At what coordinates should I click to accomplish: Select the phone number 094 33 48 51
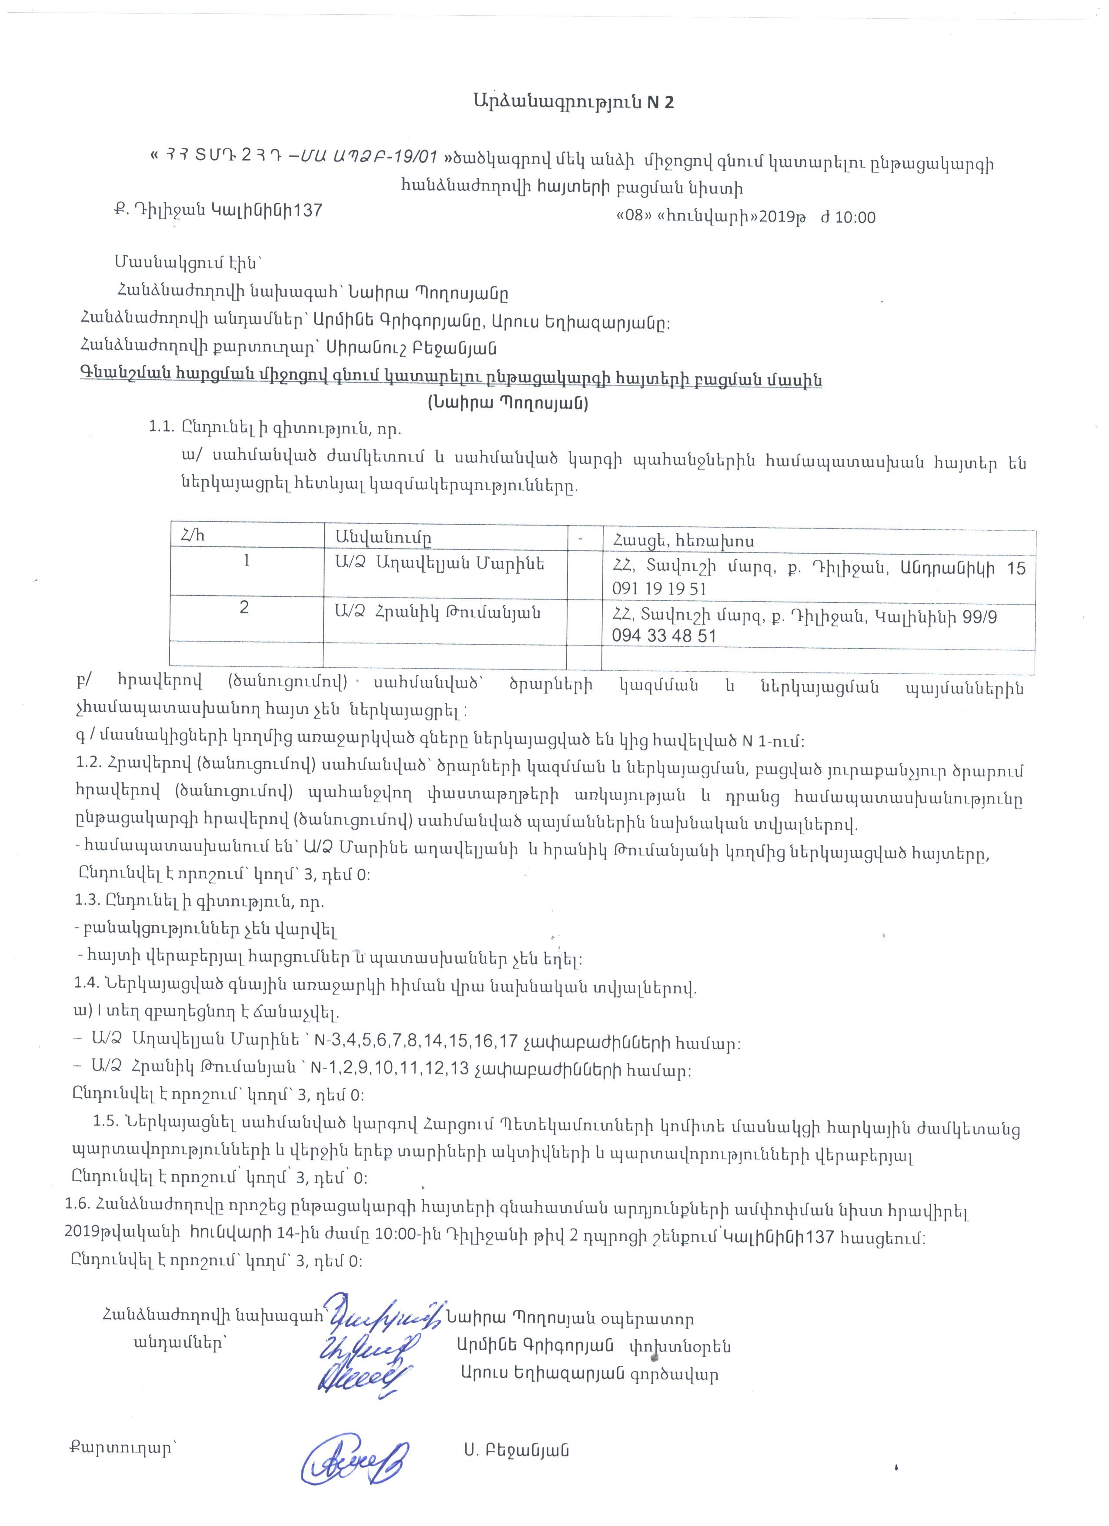click(663, 636)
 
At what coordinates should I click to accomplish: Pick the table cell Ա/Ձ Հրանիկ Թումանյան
click(437, 612)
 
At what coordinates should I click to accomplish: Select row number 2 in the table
click(244, 608)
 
